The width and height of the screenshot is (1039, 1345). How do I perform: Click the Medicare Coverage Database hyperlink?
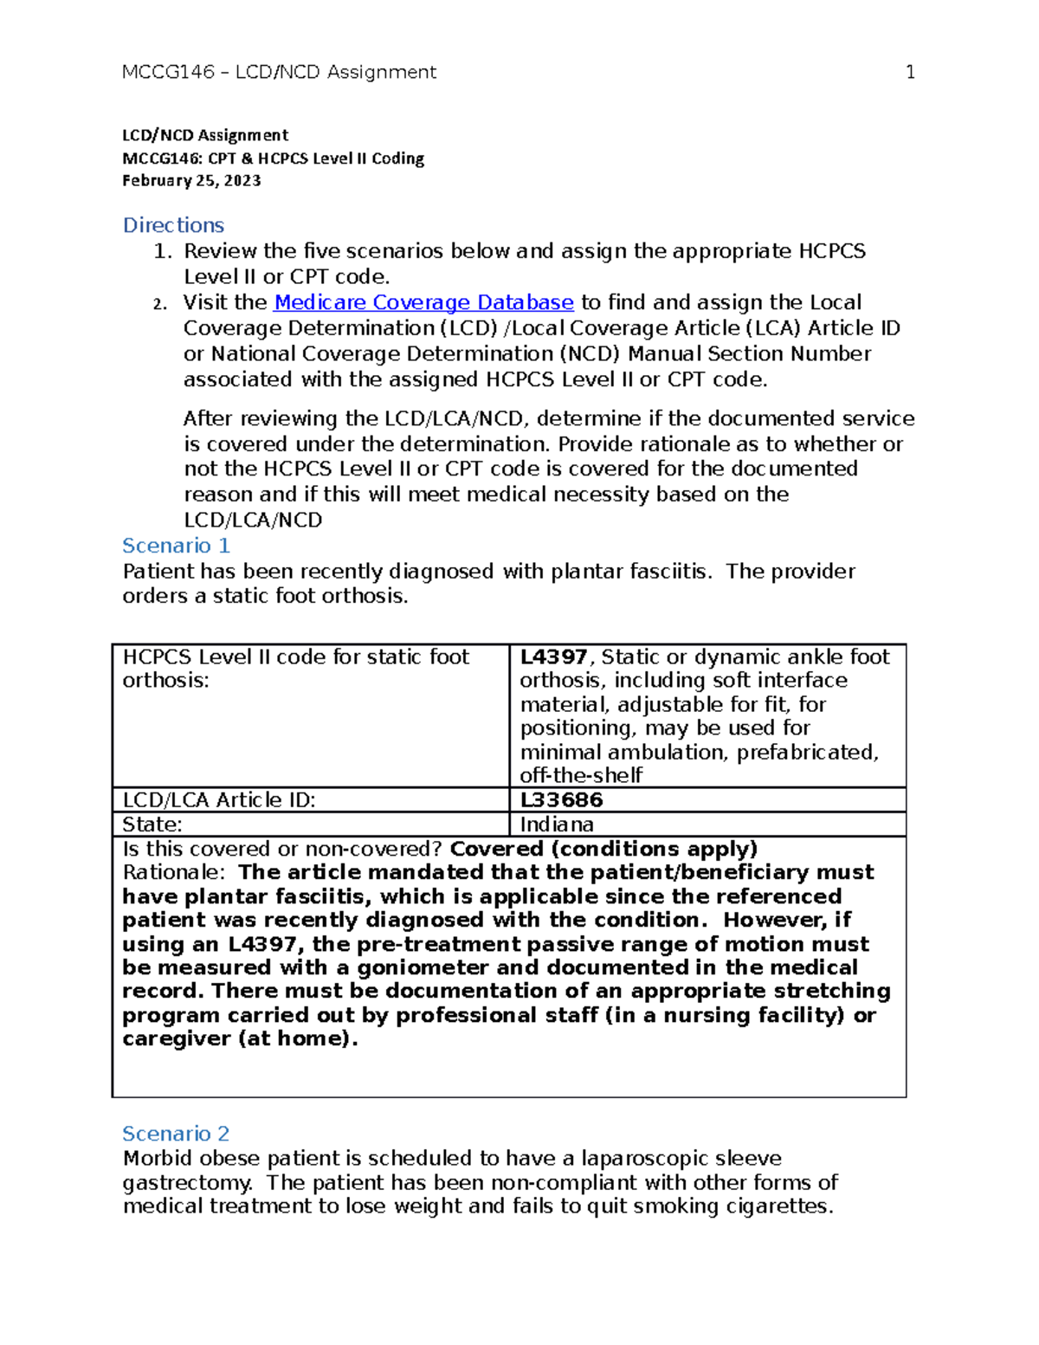(423, 302)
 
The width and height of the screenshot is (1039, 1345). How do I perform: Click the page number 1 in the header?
(910, 72)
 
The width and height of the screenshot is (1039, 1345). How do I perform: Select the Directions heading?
(173, 225)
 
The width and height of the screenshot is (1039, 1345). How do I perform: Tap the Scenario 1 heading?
(176, 546)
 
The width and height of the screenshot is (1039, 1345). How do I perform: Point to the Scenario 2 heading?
(176, 1134)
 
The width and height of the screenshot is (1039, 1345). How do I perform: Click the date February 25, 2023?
(191, 181)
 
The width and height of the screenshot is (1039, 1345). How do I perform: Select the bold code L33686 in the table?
(561, 799)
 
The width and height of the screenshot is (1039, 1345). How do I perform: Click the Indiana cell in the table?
(557, 824)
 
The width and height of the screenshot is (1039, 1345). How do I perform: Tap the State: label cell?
(152, 824)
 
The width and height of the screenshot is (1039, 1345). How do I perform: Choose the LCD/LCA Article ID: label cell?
(219, 799)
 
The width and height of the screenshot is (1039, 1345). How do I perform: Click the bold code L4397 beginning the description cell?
(553, 657)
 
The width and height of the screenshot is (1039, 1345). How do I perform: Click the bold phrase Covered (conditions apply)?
(603, 849)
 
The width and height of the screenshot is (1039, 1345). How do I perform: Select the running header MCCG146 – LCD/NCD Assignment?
(279, 72)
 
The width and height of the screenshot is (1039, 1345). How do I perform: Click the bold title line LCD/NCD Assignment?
(205, 135)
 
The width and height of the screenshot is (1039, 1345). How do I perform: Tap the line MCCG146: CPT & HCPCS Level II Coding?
(273, 158)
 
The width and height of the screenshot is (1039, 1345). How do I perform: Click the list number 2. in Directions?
(158, 304)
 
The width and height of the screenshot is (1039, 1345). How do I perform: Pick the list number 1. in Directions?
(162, 252)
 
